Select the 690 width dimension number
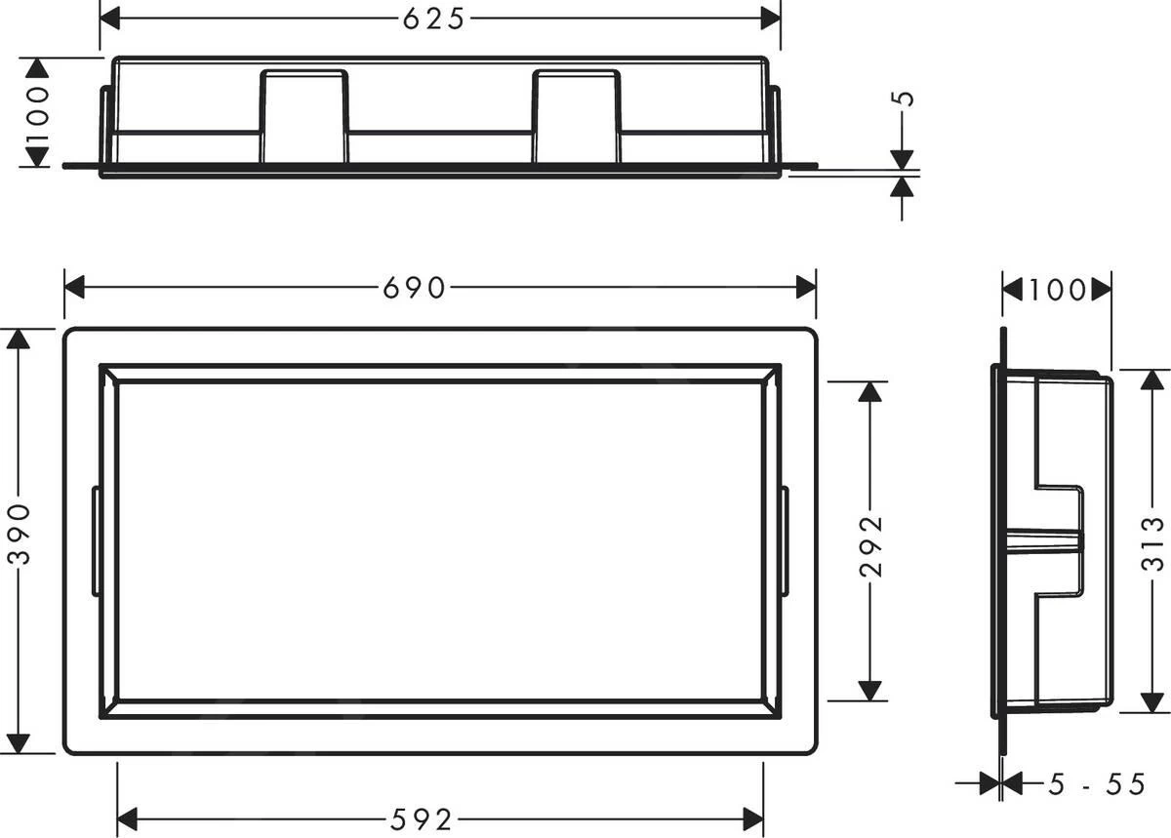coord(414,288)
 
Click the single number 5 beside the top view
coord(904,99)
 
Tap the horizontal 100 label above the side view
coord(1057,290)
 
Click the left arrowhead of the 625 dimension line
coord(110,18)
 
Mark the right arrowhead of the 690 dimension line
coord(806,287)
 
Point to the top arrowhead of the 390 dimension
coord(19,339)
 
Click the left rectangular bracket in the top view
coord(303,116)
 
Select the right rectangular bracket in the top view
coord(576,116)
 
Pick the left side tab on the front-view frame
coord(96,540)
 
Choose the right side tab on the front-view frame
coord(785,540)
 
